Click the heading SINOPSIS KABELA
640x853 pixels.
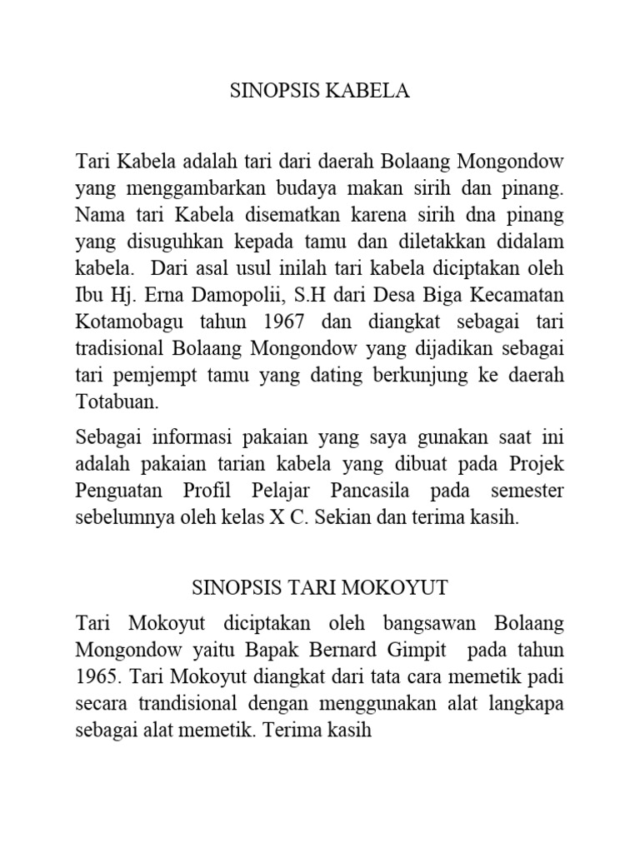pos(320,91)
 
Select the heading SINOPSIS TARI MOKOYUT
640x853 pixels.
pos(320,587)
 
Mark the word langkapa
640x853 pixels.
pos(524,704)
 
